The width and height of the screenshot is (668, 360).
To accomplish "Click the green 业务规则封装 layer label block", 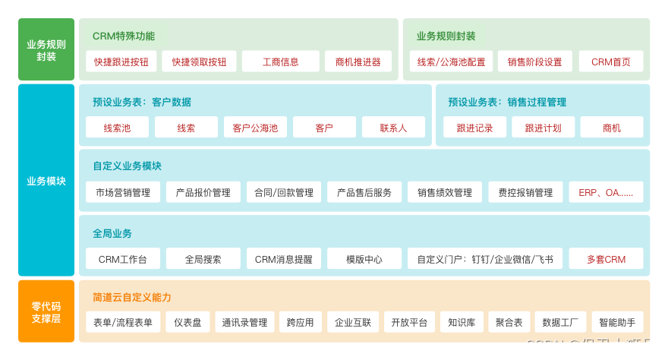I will point(46,49).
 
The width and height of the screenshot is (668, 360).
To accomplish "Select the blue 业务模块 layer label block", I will point(46,181).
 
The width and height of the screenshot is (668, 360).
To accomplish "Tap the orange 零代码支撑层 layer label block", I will point(46,311).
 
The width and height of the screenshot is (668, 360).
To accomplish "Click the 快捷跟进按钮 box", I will point(121,62).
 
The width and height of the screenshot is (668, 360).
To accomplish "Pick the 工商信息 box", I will point(280,62).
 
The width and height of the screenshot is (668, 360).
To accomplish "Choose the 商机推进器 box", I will point(358,62).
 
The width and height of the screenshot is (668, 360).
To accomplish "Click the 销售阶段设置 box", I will point(535,62).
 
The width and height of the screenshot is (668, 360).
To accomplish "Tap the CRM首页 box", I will point(611,62).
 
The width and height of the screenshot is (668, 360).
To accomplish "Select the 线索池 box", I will point(117,128).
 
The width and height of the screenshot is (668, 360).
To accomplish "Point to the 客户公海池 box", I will point(255,128).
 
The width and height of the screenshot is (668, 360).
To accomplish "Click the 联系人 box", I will point(393,128).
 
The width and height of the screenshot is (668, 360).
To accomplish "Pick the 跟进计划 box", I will point(543,128).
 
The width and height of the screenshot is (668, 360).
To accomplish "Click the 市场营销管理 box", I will point(123,192).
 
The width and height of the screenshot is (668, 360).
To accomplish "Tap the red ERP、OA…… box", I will point(606,192).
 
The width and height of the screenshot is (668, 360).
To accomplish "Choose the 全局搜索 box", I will point(203,259).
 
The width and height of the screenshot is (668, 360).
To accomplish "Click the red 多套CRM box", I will point(606,259).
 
